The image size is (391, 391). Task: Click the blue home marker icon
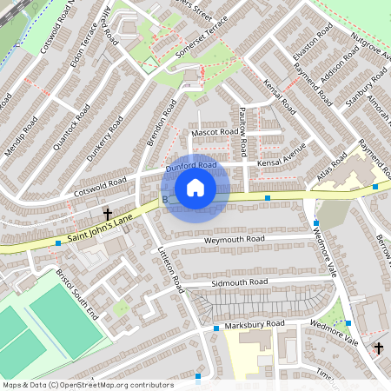(195, 188)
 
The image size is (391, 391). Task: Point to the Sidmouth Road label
(239, 282)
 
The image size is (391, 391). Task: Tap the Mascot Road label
(215, 132)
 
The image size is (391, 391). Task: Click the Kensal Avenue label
(281, 154)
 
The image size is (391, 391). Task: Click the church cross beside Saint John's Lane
(109, 214)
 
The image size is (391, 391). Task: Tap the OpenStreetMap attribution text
(87, 384)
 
